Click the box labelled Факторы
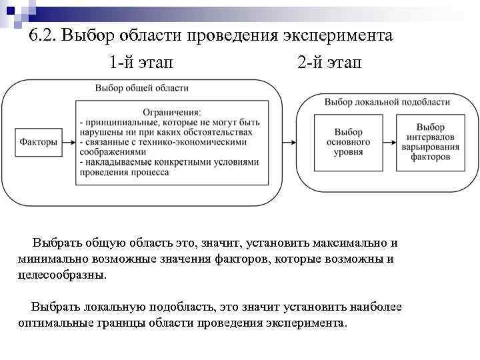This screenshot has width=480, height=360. click(38, 141)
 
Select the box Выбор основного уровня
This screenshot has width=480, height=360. click(349, 142)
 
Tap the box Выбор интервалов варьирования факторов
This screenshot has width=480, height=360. click(430, 142)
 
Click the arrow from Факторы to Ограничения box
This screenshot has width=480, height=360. click(68, 141)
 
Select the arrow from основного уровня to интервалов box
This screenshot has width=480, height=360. click(389, 142)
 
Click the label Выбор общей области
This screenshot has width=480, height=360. click(141, 88)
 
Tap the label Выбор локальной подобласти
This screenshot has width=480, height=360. click(387, 102)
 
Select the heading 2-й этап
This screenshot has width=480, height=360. click(329, 63)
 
